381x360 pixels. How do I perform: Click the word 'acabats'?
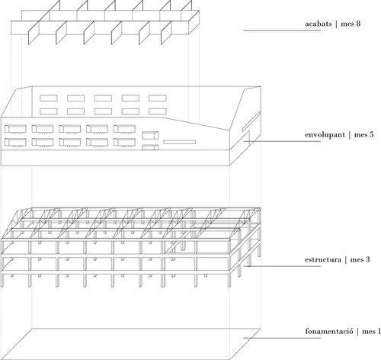[x=319, y=24]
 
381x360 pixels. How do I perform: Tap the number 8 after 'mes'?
[x=358, y=24]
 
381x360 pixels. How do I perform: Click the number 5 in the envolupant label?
[x=371, y=134]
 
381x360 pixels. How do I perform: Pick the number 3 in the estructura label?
[x=367, y=259]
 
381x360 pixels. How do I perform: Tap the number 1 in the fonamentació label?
[x=379, y=331]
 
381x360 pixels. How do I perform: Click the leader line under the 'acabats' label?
[x=282, y=31]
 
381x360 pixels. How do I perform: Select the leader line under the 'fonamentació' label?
[x=282, y=338]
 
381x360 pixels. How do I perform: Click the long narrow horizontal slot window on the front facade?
[x=180, y=142]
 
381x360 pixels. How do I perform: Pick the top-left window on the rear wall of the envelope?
[x=49, y=98]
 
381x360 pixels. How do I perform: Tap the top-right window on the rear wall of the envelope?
[x=158, y=98]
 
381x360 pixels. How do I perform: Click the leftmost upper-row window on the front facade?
[x=15, y=129]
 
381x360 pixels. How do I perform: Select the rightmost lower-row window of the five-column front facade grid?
[x=124, y=142]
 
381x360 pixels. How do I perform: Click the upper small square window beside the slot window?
[x=150, y=135]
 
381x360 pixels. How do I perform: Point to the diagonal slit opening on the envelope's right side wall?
[x=251, y=121]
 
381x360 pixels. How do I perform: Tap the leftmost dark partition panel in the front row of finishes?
[x=33, y=33]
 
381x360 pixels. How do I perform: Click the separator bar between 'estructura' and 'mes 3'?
[x=346, y=260]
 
